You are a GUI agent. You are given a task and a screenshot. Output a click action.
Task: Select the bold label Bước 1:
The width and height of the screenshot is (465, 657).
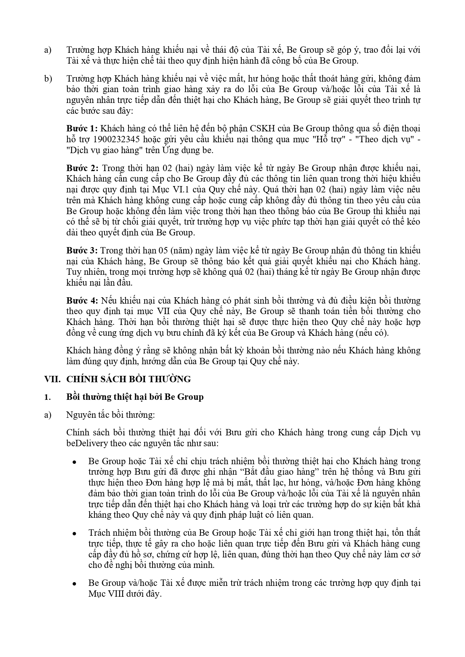(82, 129)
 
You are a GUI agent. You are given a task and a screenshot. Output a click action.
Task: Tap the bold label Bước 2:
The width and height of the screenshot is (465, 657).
(82, 168)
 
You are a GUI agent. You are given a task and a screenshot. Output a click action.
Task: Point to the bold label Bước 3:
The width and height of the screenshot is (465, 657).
(82, 250)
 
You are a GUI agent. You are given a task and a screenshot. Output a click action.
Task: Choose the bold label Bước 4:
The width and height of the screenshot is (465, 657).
(82, 301)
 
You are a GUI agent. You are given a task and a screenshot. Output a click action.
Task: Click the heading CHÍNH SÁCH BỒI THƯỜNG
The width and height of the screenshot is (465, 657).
(129, 379)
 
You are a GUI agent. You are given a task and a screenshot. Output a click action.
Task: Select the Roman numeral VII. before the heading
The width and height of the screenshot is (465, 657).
(52, 379)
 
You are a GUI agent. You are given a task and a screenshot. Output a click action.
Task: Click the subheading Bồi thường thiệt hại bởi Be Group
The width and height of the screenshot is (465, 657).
(135, 397)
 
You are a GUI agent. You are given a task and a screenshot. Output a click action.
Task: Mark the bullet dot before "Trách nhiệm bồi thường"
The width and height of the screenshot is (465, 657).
(75, 533)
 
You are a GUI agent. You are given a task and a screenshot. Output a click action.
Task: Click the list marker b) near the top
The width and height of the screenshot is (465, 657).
(48, 79)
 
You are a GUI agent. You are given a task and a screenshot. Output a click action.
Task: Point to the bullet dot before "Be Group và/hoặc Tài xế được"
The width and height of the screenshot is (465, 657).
(75, 584)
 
